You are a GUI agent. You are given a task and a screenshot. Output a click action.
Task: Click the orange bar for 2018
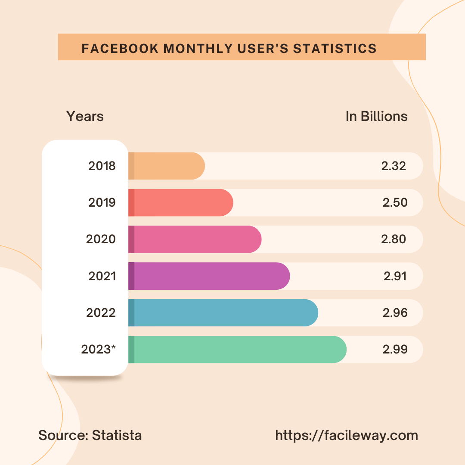pyautogui.click(x=166, y=166)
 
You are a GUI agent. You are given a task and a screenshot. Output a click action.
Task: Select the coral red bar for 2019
pyautogui.click(x=180, y=202)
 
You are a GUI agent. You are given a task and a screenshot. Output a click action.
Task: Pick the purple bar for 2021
pyautogui.click(x=209, y=276)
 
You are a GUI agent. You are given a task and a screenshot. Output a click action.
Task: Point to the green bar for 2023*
pyautogui.click(x=237, y=349)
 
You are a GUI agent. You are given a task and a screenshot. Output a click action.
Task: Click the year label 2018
pyautogui.click(x=102, y=166)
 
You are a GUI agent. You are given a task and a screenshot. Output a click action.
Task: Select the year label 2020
pyautogui.click(x=101, y=239)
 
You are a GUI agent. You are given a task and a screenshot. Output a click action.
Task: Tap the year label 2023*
pyautogui.click(x=99, y=349)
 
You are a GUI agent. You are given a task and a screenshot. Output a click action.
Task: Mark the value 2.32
pyautogui.click(x=394, y=166)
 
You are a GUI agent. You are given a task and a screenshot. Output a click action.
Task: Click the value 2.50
pyautogui.click(x=395, y=202)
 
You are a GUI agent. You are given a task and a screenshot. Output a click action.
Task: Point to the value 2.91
pyautogui.click(x=395, y=276)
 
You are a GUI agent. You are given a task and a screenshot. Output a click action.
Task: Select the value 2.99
pyautogui.click(x=395, y=349)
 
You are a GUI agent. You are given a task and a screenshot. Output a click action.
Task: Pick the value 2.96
pyautogui.click(x=395, y=313)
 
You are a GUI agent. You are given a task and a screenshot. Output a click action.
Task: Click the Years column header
pyautogui.click(x=85, y=116)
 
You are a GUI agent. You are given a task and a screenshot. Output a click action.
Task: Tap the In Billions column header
pyautogui.click(x=376, y=116)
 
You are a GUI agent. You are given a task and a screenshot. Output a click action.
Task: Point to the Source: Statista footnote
pyautogui.click(x=90, y=435)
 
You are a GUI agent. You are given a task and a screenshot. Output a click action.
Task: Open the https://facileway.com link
pyautogui.click(x=347, y=435)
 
